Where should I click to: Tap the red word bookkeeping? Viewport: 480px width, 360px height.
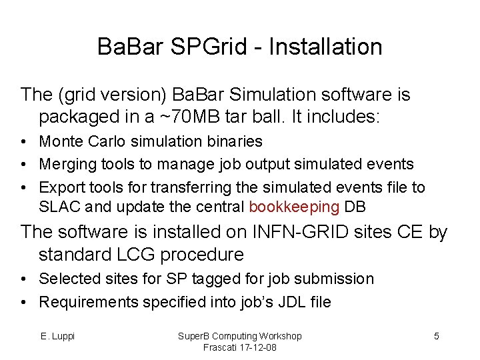point(294,207)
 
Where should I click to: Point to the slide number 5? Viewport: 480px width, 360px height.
point(437,336)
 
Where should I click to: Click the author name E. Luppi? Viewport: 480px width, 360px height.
point(57,336)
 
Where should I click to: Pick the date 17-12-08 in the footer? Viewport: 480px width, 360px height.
point(254,347)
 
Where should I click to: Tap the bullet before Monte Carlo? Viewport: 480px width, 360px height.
point(24,142)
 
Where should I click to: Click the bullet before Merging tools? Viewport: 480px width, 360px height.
point(24,165)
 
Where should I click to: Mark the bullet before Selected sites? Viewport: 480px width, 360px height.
point(24,279)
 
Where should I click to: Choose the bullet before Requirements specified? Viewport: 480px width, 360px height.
point(24,303)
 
